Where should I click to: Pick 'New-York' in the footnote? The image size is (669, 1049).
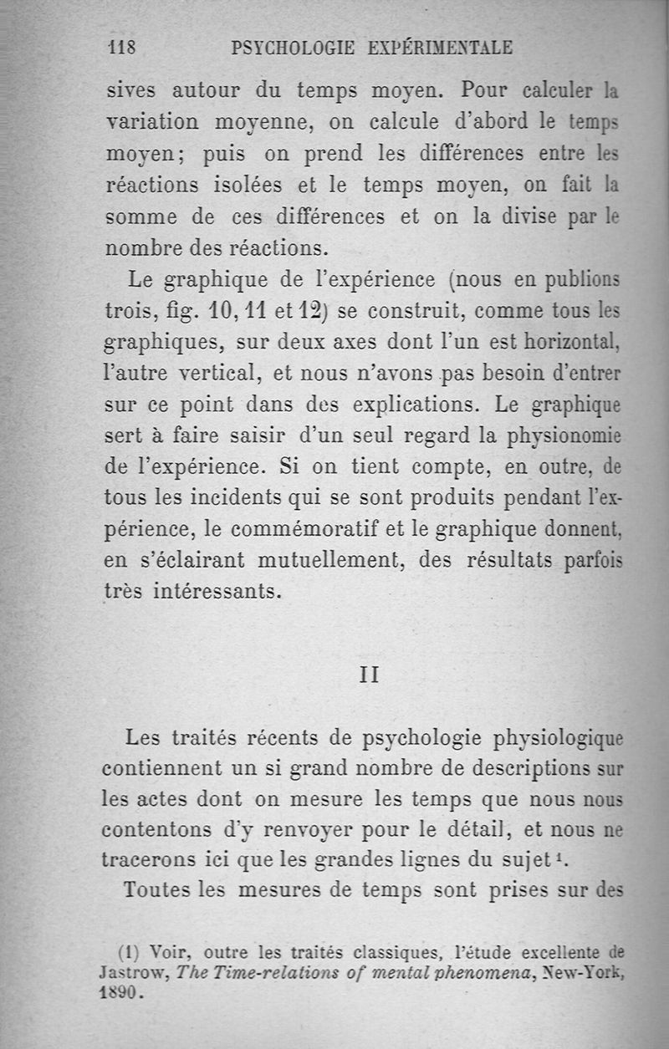click(x=580, y=974)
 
